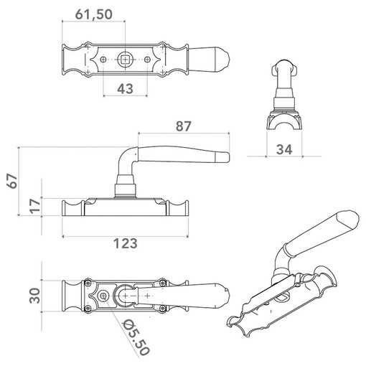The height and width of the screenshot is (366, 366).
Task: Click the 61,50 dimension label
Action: (93, 14)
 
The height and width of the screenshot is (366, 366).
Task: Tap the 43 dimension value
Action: (125, 89)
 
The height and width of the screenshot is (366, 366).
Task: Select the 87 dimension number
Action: (184, 126)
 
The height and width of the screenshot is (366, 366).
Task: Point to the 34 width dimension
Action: (284, 150)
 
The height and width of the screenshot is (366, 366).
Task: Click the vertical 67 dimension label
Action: (12, 181)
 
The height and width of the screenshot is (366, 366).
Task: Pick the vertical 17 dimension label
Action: (35, 206)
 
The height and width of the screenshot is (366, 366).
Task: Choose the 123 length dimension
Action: (126, 243)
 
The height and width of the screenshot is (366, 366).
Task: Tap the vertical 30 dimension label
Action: (35, 296)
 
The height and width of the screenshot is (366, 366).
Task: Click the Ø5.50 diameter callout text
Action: (136, 338)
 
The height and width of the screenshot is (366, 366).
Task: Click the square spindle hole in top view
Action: (125, 60)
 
